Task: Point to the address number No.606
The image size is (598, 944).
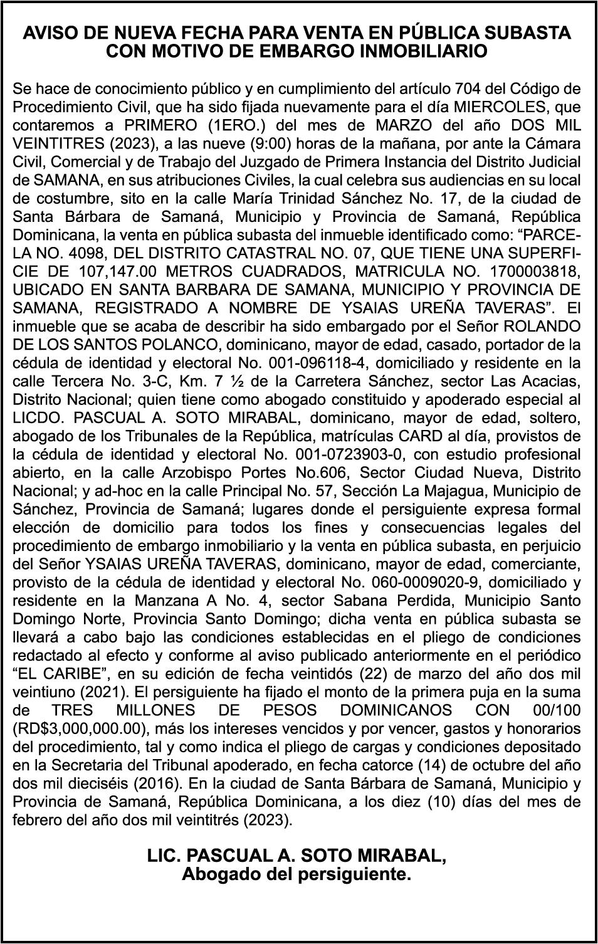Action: pyautogui.click(x=342, y=473)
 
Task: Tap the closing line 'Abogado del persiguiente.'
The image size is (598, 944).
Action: pyautogui.click(x=296, y=874)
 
